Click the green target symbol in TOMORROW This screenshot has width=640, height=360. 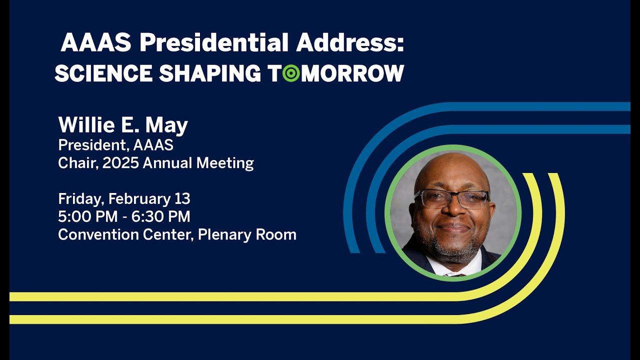click(x=291, y=73)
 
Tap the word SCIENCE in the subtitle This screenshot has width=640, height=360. click(x=103, y=73)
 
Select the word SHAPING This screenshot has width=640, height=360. click(x=210, y=73)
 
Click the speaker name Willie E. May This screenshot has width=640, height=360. click(x=123, y=125)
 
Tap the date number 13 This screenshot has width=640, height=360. click(x=182, y=199)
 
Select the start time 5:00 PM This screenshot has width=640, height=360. click(x=86, y=216)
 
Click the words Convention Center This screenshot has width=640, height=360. click(x=125, y=234)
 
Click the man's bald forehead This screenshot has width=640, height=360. click(x=452, y=172)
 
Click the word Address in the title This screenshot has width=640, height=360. click(x=349, y=43)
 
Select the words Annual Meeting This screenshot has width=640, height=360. click(x=198, y=163)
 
